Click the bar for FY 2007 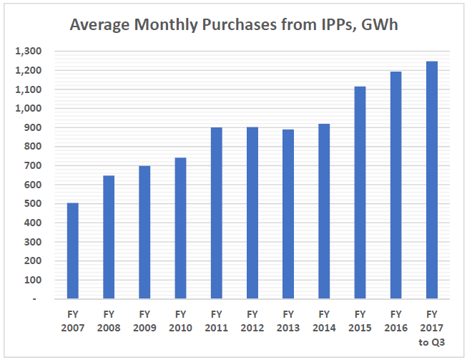[x=73, y=250]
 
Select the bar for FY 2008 [x=109, y=237]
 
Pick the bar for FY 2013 [x=288, y=214]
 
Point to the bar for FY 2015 [x=360, y=193]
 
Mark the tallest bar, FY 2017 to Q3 [x=431, y=180]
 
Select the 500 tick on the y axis [x=31, y=204]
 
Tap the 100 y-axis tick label [x=31, y=280]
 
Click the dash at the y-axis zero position [x=35, y=299]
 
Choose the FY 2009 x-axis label [x=144, y=321]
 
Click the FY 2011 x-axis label [x=216, y=321]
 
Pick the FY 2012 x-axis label [x=252, y=321]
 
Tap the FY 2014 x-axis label [x=324, y=321]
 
